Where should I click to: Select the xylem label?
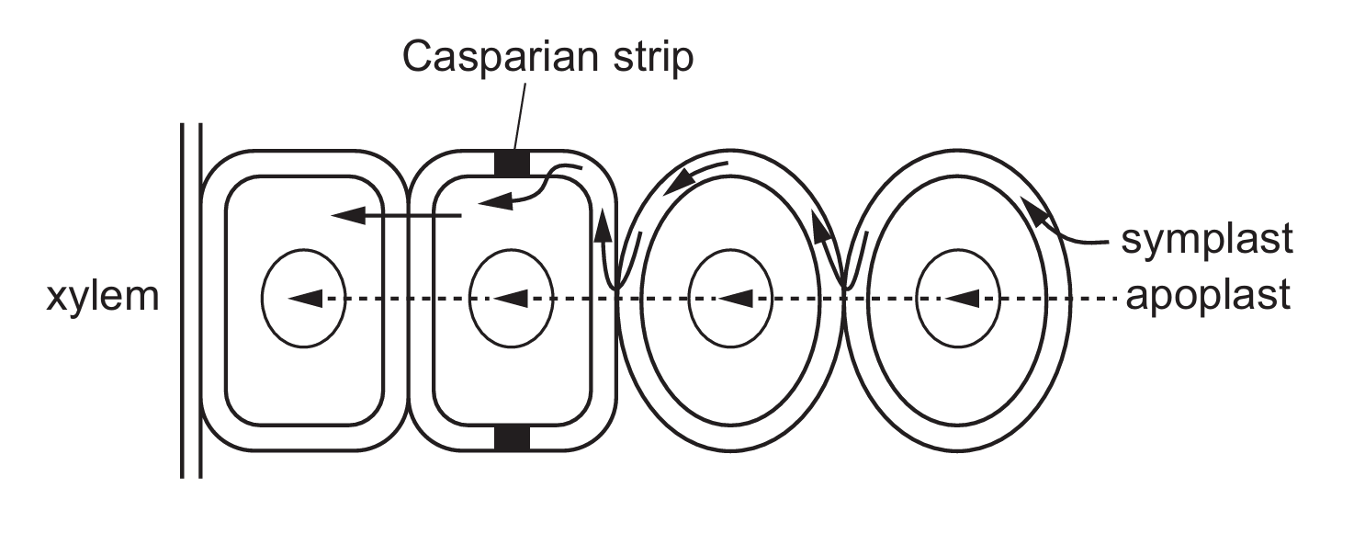click(102, 298)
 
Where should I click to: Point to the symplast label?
click(1207, 239)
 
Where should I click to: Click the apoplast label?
click(1207, 297)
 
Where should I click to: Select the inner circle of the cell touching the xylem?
click(304, 298)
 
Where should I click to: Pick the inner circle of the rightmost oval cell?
click(958, 298)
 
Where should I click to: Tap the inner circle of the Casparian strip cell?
click(511, 298)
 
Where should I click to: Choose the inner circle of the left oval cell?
click(729, 298)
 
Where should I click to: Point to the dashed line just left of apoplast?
click(1093, 298)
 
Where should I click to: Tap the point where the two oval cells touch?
click(843, 292)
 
